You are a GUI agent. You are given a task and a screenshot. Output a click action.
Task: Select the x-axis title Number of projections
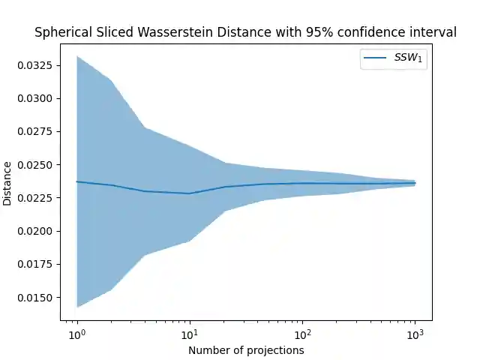click(246, 350)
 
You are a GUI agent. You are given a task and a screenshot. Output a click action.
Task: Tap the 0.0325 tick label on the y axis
click(35, 65)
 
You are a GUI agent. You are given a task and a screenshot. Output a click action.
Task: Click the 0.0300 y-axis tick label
click(35, 98)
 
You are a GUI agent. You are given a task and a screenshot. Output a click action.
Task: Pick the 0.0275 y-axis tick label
click(35, 131)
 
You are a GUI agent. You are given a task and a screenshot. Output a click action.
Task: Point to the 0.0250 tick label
click(35, 165)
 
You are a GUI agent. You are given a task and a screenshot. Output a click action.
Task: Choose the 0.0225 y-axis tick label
click(35, 198)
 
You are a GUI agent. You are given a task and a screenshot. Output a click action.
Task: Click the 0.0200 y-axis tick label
click(35, 231)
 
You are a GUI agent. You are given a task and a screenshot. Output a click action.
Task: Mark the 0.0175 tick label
click(35, 264)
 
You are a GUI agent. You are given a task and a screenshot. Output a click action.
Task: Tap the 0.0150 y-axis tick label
click(35, 298)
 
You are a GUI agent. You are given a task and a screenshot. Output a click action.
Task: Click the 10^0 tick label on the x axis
click(76, 332)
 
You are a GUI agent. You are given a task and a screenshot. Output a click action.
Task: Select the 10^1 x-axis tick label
click(189, 332)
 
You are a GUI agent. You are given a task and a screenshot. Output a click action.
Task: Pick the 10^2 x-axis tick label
click(302, 332)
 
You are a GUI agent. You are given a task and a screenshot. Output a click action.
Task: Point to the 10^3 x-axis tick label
click(415, 332)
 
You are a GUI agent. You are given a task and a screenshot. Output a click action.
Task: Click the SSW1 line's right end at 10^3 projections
click(415, 183)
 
